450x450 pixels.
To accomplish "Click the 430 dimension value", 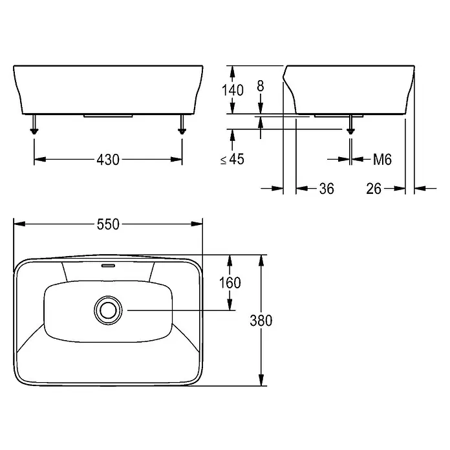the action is click(108, 160).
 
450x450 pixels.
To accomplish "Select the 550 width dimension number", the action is click(108, 224).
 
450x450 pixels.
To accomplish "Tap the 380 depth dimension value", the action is click(261, 320).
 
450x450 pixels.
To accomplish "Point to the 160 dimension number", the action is click(230, 283).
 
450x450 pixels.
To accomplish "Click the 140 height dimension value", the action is click(233, 90).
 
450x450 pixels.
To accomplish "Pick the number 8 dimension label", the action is click(261, 86).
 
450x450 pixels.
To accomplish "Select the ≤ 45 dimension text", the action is click(233, 159).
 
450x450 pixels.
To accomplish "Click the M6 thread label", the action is click(382, 159).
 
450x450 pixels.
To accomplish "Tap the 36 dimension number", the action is click(327, 189).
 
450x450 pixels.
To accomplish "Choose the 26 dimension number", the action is click(374, 189).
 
